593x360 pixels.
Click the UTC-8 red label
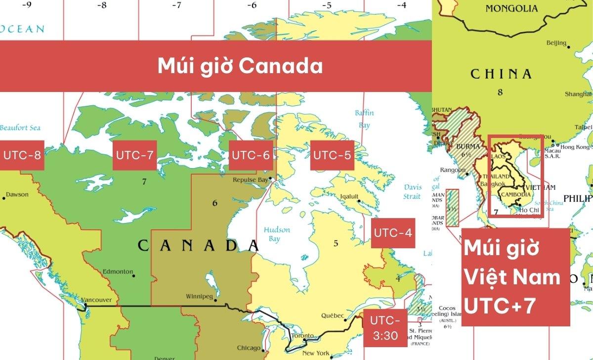click(22, 155)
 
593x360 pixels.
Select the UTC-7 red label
click(135, 155)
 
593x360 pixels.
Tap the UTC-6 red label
click(251, 155)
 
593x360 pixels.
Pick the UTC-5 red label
click(333, 155)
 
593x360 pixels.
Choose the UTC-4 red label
click(393, 233)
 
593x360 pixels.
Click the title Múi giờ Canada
click(240, 66)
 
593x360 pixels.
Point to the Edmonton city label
click(118, 271)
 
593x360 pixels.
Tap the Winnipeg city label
click(199, 297)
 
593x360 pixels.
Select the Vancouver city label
click(97, 300)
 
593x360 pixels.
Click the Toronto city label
click(302, 336)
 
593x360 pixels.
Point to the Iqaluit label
click(349, 196)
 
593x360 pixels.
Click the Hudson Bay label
click(277, 234)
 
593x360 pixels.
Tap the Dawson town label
click(17, 194)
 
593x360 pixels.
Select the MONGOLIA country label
click(511, 8)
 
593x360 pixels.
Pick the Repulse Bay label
click(250, 180)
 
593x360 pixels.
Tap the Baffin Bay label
click(364, 119)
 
